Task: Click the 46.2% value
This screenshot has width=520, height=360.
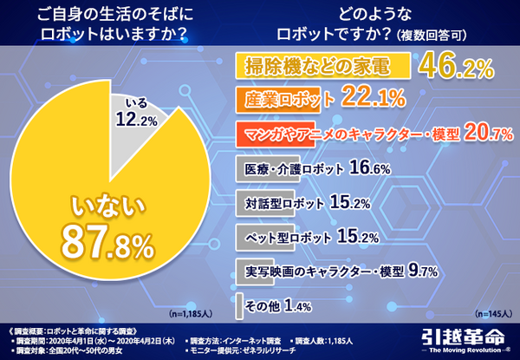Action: pos(456,65)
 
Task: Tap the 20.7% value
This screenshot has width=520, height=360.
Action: pos(484,134)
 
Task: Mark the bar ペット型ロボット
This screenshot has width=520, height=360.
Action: pos(276,234)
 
